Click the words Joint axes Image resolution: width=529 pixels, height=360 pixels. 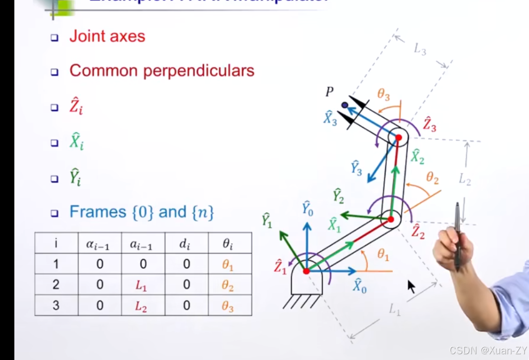coord(107,36)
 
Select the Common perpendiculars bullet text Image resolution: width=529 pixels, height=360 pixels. coord(162,71)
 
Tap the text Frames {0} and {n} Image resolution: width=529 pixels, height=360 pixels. coord(142,212)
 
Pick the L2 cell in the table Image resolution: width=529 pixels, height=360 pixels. coord(141,305)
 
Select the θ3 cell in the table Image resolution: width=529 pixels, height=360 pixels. coord(228,305)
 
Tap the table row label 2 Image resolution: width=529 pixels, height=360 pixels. coord(56,284)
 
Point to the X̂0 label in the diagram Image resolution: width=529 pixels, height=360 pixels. coord(360,286)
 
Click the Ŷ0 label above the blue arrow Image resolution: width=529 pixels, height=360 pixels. coord(308,209)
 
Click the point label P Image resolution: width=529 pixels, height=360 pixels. coord(330,92)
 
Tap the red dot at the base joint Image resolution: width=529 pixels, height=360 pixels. coord(307,271)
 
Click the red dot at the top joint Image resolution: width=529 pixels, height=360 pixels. coord(398,138)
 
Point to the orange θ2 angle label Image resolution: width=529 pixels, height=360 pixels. coord(432,178)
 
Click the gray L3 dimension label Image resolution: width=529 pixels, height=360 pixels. coord(419,49)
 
